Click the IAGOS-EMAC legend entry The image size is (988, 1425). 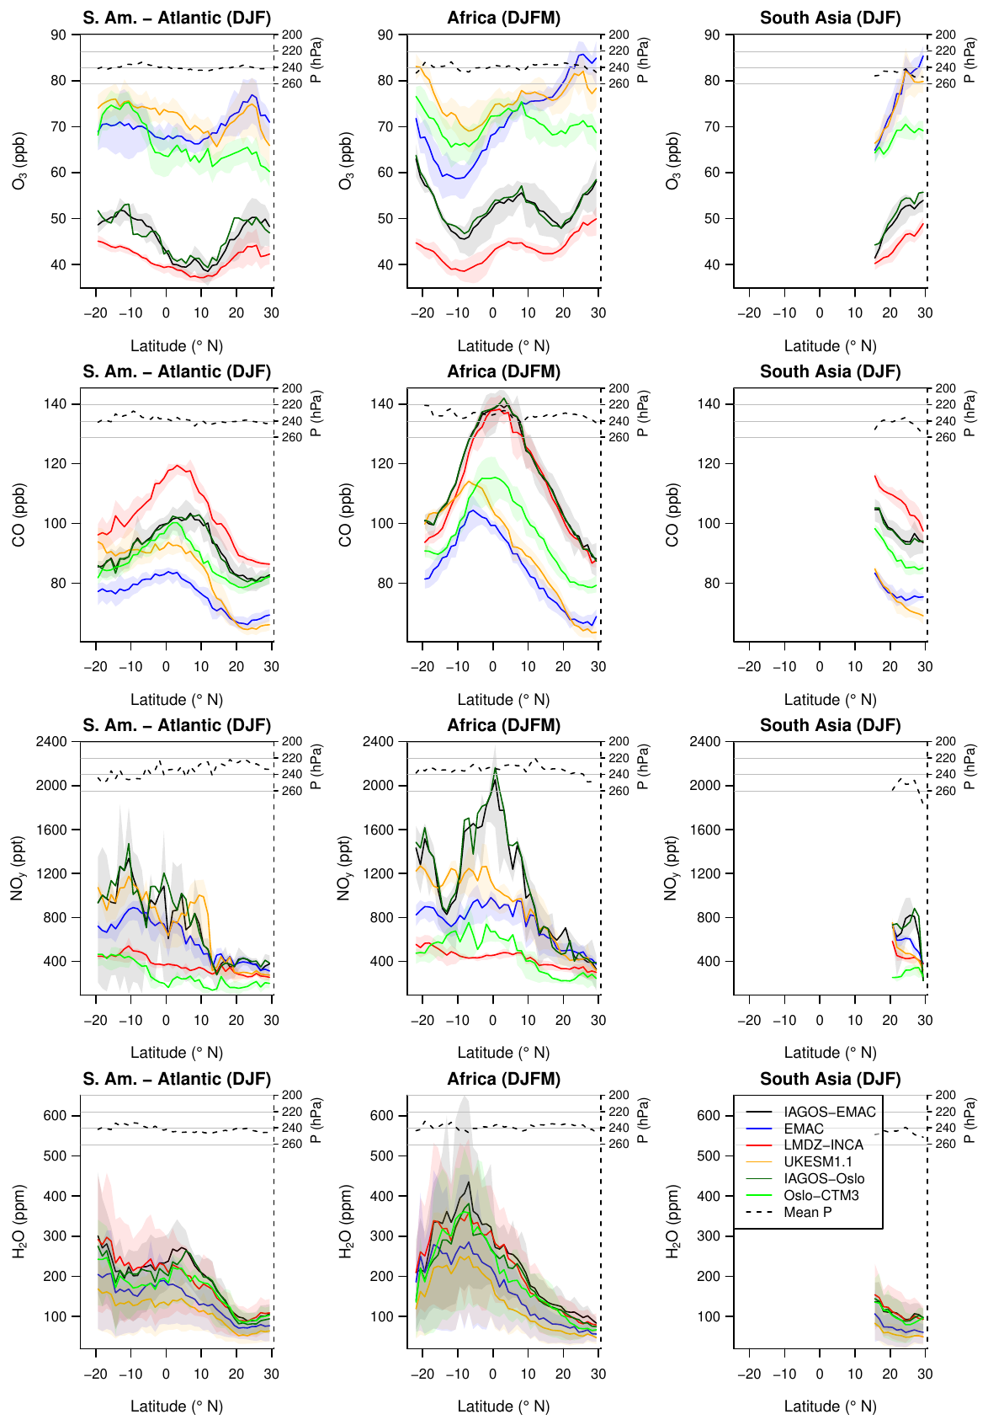829,1113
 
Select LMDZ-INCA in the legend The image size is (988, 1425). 823,1145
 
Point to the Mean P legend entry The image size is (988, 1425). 807,1213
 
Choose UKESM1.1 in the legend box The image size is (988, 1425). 817,1162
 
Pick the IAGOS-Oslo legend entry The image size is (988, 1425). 823,1179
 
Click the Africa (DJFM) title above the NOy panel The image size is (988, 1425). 503,725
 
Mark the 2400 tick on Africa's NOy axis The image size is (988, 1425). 378,742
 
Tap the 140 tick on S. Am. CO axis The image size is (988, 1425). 56,404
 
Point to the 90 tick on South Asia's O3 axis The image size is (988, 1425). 712,35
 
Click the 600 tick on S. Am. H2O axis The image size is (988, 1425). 56,1116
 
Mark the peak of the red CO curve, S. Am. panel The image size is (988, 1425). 178,466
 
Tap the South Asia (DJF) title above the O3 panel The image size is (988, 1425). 830,18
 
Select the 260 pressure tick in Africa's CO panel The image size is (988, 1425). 619,438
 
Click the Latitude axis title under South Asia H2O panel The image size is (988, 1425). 830,1406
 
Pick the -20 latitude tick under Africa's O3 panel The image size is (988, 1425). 422,313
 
